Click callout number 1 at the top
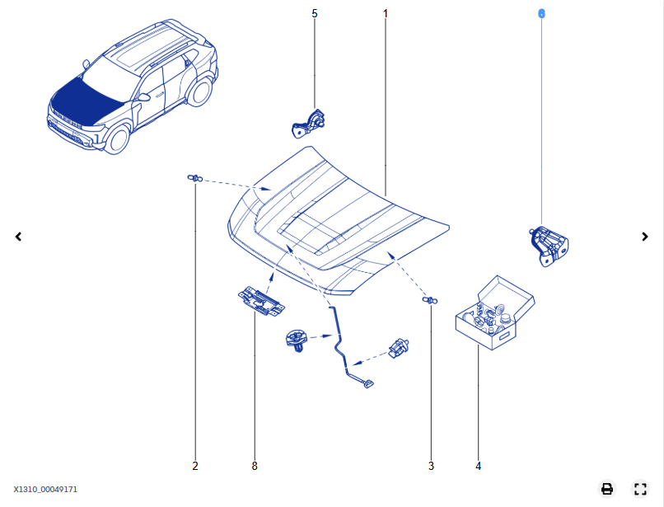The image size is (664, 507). [385, 13]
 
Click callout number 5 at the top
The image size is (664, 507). [314, 13]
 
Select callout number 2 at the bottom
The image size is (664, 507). [195, 466]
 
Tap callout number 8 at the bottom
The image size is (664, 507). [255, 466]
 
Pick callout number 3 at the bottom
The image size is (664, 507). [431, 466]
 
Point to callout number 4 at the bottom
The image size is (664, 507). [478, 466]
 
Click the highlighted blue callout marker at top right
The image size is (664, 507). [541, 13]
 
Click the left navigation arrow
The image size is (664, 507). [18, 237]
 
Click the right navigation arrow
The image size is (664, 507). [645, 237]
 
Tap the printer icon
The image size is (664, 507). [607, 489]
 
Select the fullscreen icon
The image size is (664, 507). [640, 489]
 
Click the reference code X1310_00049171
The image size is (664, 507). [45, 490]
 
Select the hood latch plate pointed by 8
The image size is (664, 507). [260, 301]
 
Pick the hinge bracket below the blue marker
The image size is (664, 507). [548, 245]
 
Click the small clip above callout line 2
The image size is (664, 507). [194, 178]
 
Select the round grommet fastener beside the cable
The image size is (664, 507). [296, 339]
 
